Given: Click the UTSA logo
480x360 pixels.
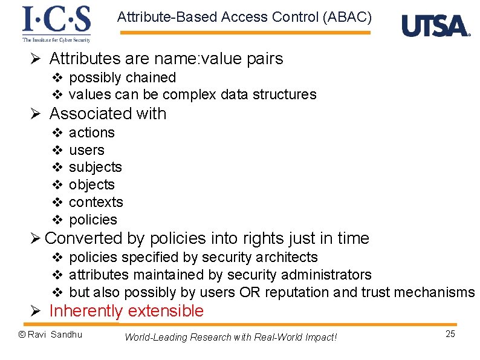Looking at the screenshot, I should coord(435,26).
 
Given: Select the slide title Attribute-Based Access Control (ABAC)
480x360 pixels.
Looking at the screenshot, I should coord(244,17).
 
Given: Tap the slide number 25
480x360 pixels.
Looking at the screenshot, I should coord(450,334).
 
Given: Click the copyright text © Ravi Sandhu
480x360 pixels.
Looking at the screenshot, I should coord(50,335).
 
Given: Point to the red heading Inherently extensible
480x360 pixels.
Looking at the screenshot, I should coord(126,311).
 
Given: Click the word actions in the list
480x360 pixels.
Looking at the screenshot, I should coord(91,133).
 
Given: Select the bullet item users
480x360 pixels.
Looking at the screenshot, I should coord(86,150).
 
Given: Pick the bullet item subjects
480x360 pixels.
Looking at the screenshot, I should coord(95,167).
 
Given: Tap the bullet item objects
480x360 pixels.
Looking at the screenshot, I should coord(91,185).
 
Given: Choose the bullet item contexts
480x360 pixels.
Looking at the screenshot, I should coord(96,202).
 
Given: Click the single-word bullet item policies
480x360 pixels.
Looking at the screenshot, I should coord(93,220).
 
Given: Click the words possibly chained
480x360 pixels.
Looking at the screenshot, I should coord(122,77).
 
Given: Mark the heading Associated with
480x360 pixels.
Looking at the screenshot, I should coord(108,114).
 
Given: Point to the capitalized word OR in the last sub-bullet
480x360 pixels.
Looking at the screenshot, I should coord(249,292).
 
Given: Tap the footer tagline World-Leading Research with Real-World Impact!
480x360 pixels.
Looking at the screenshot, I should coord(230,337).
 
